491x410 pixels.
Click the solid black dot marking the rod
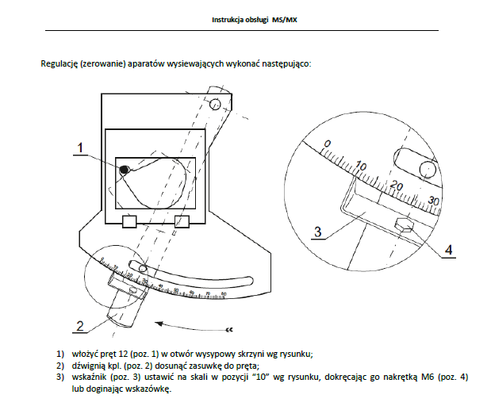(x=124, y=170)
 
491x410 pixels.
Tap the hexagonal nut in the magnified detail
(x=404, y=228)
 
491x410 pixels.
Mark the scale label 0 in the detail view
(x=326, y=143)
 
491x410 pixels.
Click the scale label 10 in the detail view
(x=362, y=166)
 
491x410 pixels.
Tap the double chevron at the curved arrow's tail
(x=230, y=327)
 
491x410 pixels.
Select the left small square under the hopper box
(x=130, y=220)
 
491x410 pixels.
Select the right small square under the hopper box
(x=182, y=220)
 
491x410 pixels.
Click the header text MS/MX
(x=282, y=18)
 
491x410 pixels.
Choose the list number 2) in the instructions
(x=59, y=365)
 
